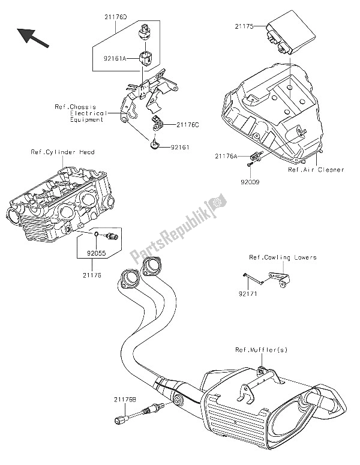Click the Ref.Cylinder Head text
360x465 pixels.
[62, 152]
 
